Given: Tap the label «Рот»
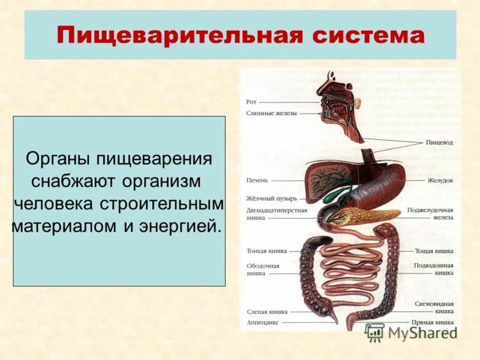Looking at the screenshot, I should [251, 102].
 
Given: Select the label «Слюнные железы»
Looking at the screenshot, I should [271, 113].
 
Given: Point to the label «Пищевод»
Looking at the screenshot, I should [439, 142].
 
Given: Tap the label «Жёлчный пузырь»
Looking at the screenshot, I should [268, 198].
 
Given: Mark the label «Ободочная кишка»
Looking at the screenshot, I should [263, 269].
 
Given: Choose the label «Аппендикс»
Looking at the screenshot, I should [262, 322].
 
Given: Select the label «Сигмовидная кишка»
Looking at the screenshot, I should [435, 307].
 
